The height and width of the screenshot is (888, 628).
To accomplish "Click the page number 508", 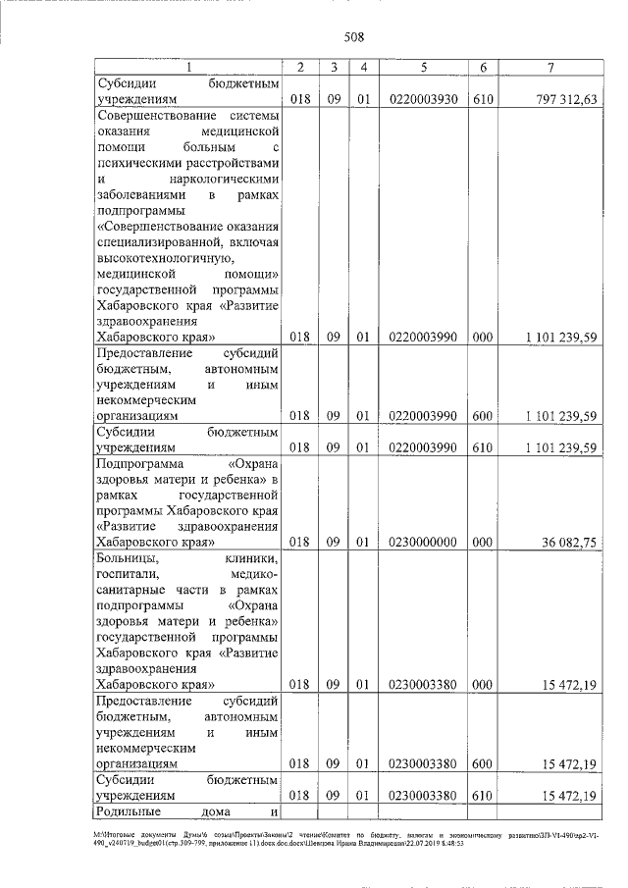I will (x=354, y=38).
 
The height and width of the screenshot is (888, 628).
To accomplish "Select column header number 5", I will (x=422, y=67).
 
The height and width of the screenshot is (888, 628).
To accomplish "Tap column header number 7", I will (x=551, y=67).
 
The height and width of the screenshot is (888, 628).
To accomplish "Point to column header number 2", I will (x=301, y=67).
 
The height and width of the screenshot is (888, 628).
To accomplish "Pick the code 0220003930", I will (x=422, y=99).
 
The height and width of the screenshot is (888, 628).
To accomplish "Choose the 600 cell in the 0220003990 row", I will (x=484, y=415).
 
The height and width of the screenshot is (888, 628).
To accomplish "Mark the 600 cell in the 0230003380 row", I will (x=484, y=762).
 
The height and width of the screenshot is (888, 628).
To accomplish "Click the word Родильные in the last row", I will (x=128, y=811).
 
